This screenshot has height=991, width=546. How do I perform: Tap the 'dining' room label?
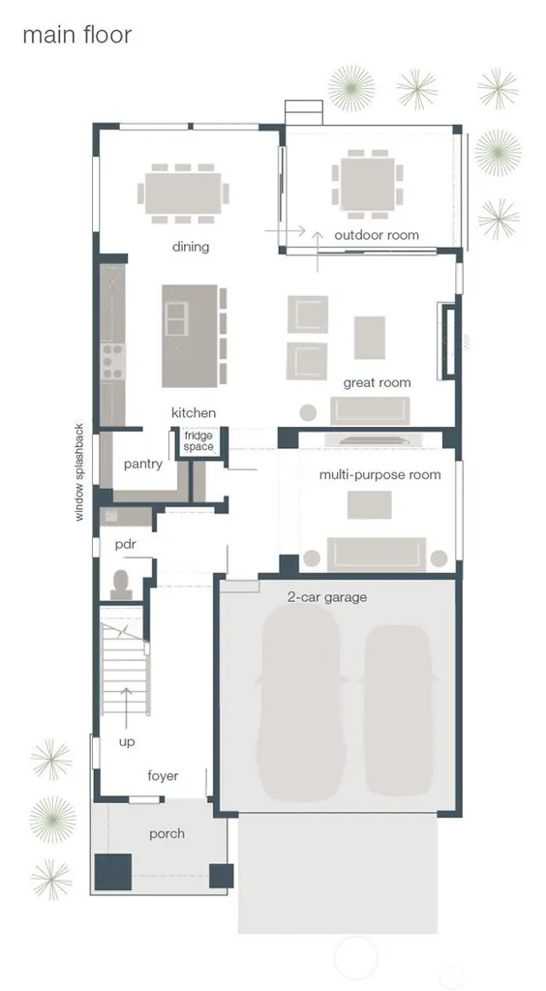tap(190, 247)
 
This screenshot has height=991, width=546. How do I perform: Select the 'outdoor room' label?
tap(377, 235)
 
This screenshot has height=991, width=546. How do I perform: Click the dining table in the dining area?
tap(183, 194)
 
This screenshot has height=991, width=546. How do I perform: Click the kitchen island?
tap(190, 336)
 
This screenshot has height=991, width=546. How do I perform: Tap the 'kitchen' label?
tap(194, 412)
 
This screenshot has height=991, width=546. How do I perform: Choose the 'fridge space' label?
tap(198, 441)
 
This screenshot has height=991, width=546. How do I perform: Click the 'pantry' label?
tap(143, 465)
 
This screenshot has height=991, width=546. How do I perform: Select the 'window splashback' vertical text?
tap(79, 471)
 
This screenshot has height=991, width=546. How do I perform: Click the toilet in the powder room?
tap(121, 586)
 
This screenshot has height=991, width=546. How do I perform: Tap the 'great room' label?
tap(377, 382)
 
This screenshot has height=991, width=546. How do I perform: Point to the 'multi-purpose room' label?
tap(379, 474)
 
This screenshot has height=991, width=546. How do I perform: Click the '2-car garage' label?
tap(326, 597)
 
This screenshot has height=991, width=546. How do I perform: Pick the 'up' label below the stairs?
tap(127, 742)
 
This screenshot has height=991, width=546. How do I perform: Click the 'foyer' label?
tap(163, 776)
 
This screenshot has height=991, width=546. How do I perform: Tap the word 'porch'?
tap(167, 834)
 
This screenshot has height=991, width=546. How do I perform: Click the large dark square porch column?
tap(113, 872)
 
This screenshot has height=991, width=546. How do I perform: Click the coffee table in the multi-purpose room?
tap(370, 505)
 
